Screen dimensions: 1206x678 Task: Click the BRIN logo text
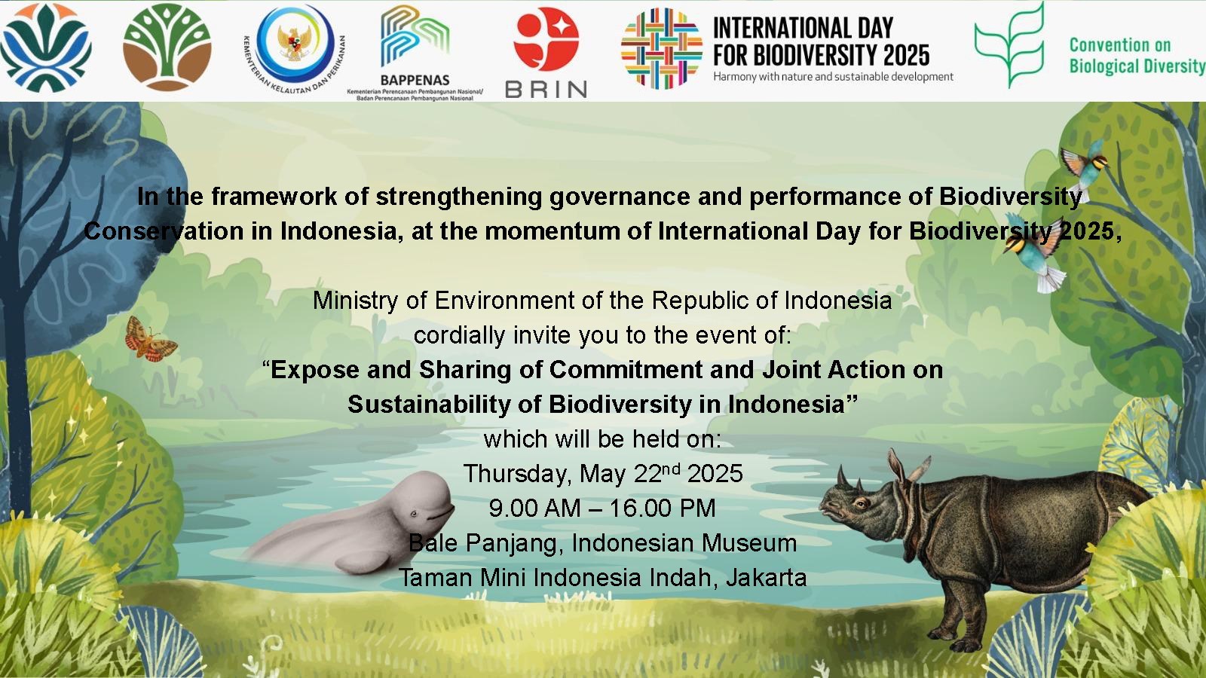click(x=546, y=90)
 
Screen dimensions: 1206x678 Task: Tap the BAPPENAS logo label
click(x=415, y=80)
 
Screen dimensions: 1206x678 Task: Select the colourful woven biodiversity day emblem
click(x=662, y=48)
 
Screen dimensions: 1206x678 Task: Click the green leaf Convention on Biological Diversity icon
click(x=1010, y=45)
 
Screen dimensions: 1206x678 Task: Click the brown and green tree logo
click(x=167, y=47)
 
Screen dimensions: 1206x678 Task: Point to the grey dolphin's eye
click(x=414, y=514)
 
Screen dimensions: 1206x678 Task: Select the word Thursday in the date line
click(x=516, y=474)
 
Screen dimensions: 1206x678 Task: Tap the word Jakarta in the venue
click(x=766, y=577)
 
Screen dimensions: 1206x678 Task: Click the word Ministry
click(x=355, y=301)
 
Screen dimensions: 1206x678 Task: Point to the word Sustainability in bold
click(x=429, y=405)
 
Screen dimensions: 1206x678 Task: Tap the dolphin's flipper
click(x=361, y=563)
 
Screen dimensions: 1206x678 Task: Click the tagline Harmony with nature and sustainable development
click(x=834, y=77)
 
